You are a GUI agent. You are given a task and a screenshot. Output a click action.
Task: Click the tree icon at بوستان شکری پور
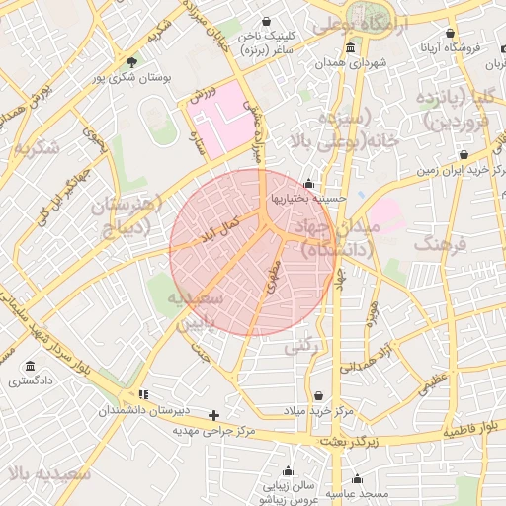click(129, 62)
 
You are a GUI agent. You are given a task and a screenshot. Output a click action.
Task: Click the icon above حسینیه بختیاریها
click(309, 183)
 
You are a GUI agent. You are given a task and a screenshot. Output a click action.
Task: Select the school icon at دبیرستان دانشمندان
click(143, 394)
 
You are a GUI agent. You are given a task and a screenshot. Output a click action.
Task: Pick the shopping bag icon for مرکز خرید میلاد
click(316, 395)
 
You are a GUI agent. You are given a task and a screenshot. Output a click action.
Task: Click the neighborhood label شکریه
click(37, 148)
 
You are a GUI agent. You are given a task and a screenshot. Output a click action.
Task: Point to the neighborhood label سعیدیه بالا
click(48, 473)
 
